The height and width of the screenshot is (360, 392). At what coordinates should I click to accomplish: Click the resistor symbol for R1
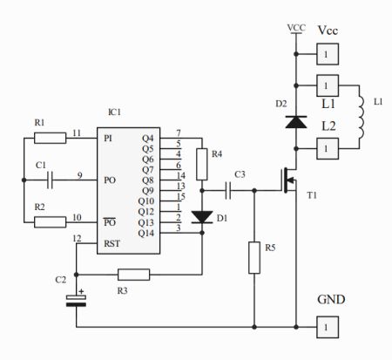point(51,138)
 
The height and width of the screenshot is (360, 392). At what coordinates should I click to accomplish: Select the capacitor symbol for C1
point(51,180)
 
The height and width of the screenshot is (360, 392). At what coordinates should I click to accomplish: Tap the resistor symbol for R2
point(51,222)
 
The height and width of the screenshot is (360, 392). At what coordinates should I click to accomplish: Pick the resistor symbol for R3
point(134,275)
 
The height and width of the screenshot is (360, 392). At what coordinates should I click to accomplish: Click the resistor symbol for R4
point(202,165)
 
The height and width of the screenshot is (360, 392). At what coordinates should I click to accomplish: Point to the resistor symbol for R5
point(254,257)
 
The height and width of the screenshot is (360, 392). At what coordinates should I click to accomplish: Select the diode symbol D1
point(202,217)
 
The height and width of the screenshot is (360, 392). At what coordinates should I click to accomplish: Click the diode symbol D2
point(296,122)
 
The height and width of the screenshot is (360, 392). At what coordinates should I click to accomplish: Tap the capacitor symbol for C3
point(228,191)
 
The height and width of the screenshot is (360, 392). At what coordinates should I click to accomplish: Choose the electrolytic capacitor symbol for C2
point(76,301)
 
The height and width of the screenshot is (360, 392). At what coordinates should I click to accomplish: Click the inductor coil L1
point(362,117)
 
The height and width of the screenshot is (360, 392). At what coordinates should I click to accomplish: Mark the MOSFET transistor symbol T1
point(289,180)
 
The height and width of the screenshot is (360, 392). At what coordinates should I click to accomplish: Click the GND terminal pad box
point(328,327)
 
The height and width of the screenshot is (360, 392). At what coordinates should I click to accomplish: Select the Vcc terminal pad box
point(328,54)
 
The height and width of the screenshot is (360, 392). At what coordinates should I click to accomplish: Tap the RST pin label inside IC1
point(112,243)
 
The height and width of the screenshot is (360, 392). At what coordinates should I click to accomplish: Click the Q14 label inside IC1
point(146,233)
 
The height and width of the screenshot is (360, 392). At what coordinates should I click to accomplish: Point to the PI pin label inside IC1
point(108,139)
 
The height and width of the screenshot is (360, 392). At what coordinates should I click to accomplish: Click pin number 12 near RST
point(77,239)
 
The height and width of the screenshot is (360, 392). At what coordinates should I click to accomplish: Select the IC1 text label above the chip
point(114,112)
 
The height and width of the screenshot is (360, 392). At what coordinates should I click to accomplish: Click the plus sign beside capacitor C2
point(81,291)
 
